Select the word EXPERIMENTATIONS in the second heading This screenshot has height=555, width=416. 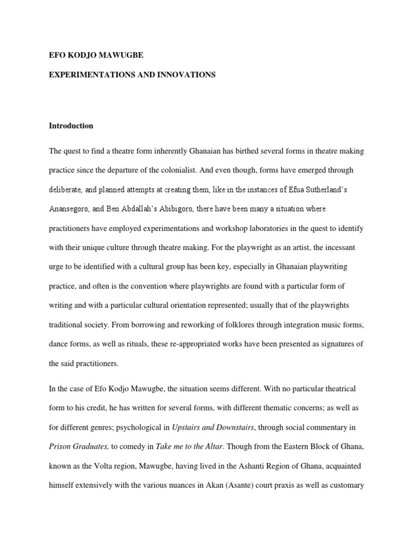[x=90, y=75]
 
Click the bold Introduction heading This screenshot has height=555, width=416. [x=71, y=126]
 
